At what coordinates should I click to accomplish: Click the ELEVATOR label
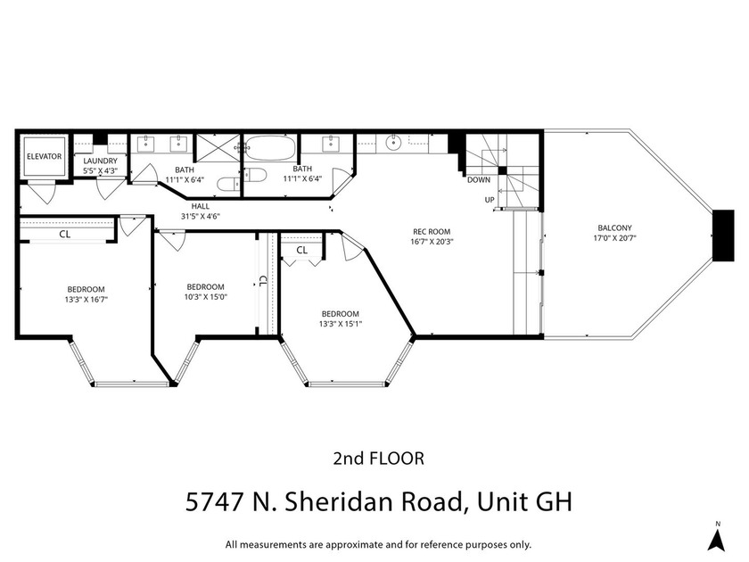tap(44, 156)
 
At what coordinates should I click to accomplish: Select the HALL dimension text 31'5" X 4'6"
tap(201, 216)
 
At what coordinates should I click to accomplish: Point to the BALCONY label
tap(616, 227)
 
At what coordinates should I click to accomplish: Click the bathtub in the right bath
tap(270, 146)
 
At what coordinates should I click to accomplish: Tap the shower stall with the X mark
tap(218, 147)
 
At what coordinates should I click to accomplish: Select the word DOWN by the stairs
tap(478, 179)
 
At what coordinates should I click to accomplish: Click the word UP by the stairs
tap(489, 199)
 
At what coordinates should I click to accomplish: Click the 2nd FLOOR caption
tap(377, 459)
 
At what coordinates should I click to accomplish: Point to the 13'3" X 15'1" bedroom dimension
tap(340, 324)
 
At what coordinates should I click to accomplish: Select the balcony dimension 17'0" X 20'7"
tap(616, 238)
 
